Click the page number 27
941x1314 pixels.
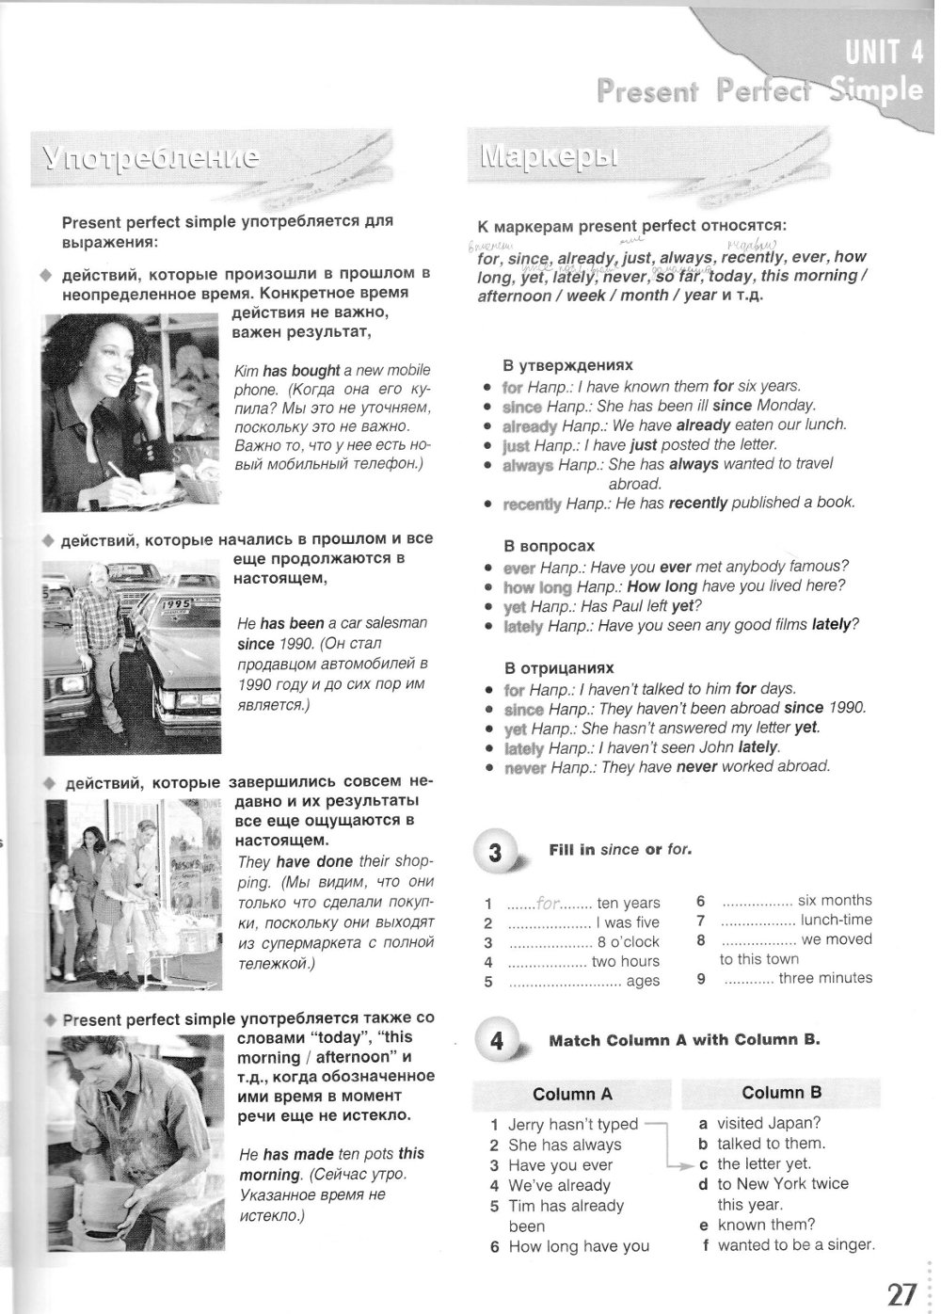pyautogui.click(x=901, y=1293)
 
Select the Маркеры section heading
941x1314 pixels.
pyautogui.click(x=550, y=156)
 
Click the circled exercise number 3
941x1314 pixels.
pyautogui.click(x=496, y=853)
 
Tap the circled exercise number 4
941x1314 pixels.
pyautogui.click(x=496, y=1042)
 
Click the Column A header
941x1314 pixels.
pyautogui.click(x=572, y=1094)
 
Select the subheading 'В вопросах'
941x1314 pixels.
pyautogui.click(x=550, y=546)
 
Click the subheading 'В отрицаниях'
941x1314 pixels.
pyautogui.click(x=559, y=667)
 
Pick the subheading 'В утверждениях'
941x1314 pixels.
pyautogui.click(x=568, y=365)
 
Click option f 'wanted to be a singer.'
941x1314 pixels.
pyautogui.click(x=795, y=1245)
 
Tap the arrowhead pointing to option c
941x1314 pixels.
pyautogui.click(x=686, y=1164)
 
